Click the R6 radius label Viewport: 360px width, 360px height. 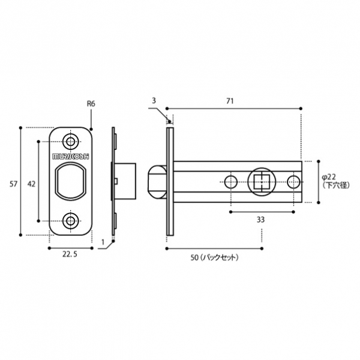tap(91, 104)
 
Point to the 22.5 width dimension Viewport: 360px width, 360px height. tap(70, 254)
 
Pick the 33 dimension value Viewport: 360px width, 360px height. tap(260, 220)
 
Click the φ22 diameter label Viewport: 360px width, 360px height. tap(332, 177)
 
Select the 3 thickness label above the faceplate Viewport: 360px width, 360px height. tap(154, 101)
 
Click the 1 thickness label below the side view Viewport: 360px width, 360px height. tap(103, 242)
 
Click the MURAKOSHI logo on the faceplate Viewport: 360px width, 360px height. tap(71, 155)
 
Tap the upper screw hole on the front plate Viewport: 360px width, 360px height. tap(71, 142)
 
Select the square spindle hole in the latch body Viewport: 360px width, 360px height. tap(261, 181)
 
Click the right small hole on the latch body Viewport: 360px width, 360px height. tap(293, 181)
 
